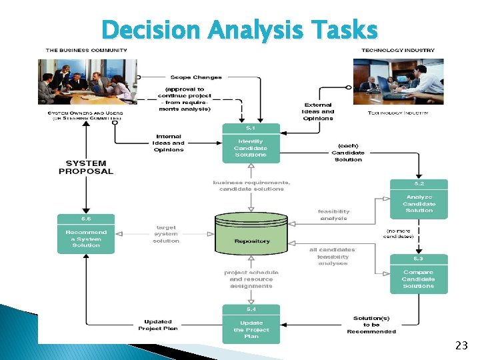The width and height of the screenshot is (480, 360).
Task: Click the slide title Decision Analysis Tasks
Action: coord(240,29)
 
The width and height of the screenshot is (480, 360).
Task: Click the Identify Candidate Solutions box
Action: coord(250,144)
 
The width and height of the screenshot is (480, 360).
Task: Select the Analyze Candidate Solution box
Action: coord(419,199)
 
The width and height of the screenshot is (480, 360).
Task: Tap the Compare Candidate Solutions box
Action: coord(419,275)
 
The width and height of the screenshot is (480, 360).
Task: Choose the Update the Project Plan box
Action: coord(250,325)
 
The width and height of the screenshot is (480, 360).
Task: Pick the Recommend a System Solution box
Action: coord(86,235)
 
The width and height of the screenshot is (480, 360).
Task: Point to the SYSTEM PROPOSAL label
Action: coord(86,167)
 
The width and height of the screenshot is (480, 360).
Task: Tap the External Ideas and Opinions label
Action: coord(319,111)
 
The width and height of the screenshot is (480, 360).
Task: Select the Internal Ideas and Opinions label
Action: coord(169,143)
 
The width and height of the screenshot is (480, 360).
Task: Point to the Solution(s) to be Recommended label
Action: coord(371,325)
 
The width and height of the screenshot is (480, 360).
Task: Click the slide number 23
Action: coord(461,345)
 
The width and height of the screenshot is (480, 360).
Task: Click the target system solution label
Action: coord(166,234)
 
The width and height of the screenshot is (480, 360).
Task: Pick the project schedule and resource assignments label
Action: coord(251,279)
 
